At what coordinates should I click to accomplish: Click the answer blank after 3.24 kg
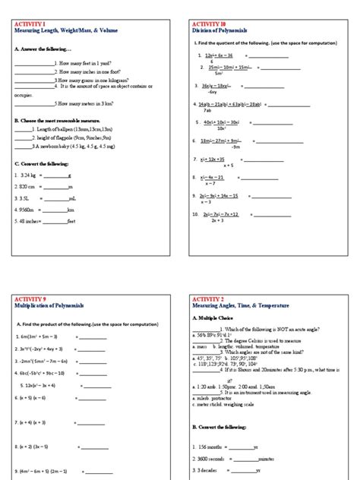[58, 175]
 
